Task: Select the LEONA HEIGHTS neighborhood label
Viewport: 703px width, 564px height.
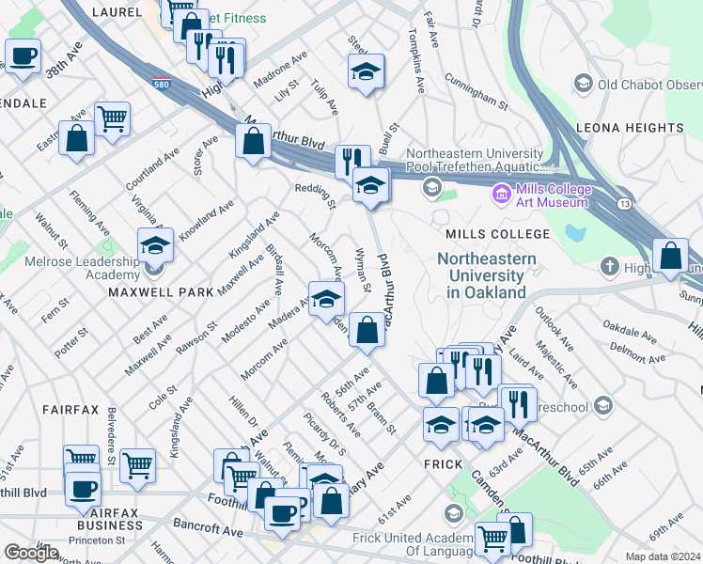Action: point(641,128)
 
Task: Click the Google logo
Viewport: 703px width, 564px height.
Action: point(31,553)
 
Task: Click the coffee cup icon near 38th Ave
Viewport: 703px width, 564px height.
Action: point(23,55)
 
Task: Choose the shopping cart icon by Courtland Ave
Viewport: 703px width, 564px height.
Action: point(113,118)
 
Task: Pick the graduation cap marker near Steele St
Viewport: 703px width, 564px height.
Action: point(366,71)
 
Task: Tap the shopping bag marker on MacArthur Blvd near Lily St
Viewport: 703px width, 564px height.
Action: point(253,142)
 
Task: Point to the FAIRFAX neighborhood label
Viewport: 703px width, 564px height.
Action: point(70,411)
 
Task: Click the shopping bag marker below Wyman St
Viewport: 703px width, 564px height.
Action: point(367,330)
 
